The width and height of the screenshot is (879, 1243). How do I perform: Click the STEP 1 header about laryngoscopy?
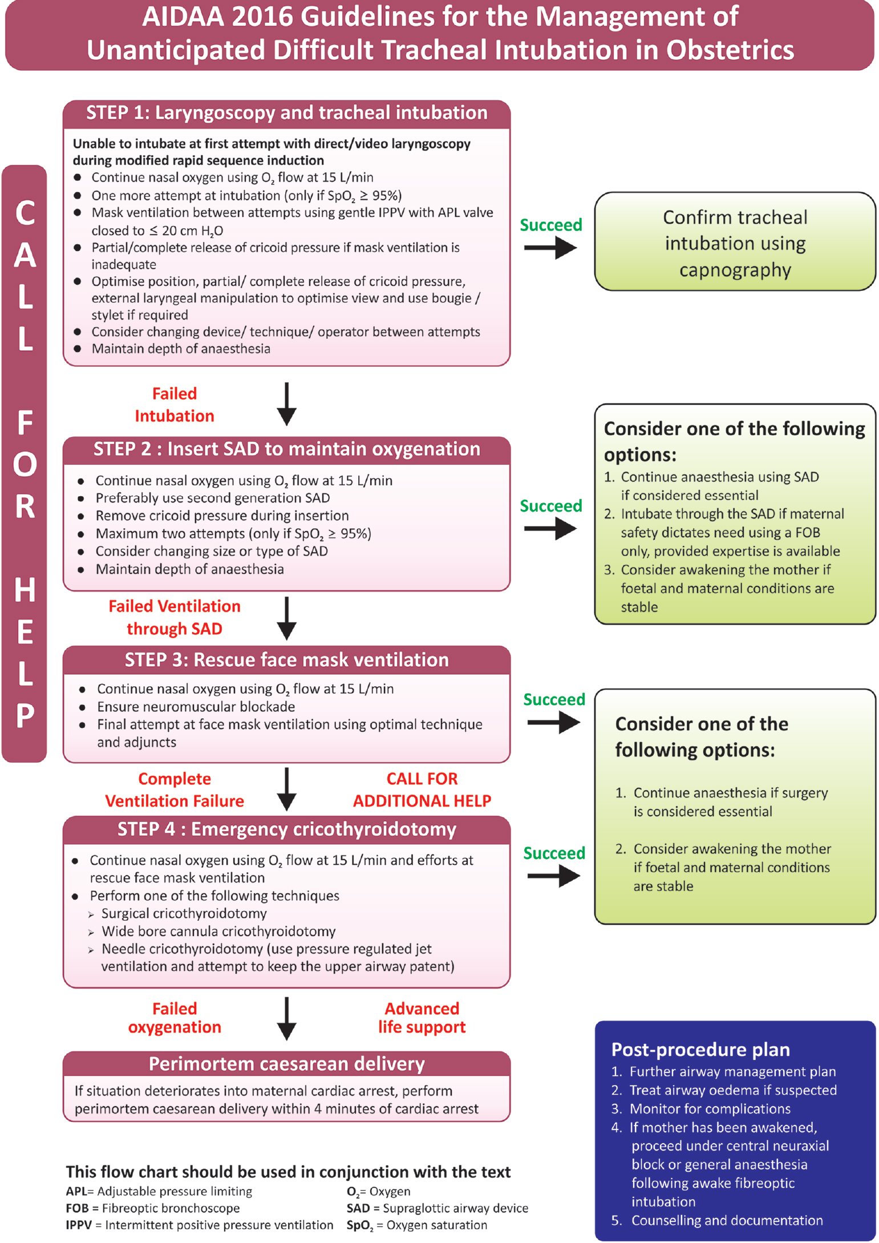(x=286, y=113)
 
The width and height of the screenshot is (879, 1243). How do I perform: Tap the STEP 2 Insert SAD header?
(x=286, y=450)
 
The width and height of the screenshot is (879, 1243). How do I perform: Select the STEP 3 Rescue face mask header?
(x=286, y=660)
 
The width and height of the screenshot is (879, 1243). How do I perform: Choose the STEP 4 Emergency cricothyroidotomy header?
(x=286, y=829)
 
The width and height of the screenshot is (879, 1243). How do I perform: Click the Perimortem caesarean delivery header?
(x=286, y=1064)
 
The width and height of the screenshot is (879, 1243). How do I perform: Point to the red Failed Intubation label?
(x=175, y=405)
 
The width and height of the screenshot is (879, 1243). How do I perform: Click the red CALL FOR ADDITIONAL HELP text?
(x=422, y=790)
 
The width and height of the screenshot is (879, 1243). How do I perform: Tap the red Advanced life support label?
(x=422, y=1018)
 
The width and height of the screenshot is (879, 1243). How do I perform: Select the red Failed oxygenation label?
(x=175, y=1018)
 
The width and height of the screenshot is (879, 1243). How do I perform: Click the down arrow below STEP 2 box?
(x=286, y=618)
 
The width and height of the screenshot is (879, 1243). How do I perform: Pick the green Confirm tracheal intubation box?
(x=735, y=242)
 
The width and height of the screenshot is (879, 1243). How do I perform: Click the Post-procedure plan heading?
(x=700, y=1050)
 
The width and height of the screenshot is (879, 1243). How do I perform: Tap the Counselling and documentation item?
(x=727, y=1220)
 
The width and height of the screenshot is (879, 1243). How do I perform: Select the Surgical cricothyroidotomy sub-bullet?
(x=184, y=913)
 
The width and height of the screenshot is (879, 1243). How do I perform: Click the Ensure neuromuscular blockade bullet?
(x=196, y=707)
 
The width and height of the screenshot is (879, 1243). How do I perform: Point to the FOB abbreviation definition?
(x=152, y=1208)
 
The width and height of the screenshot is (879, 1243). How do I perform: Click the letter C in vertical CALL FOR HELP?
(x=25, y=213)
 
